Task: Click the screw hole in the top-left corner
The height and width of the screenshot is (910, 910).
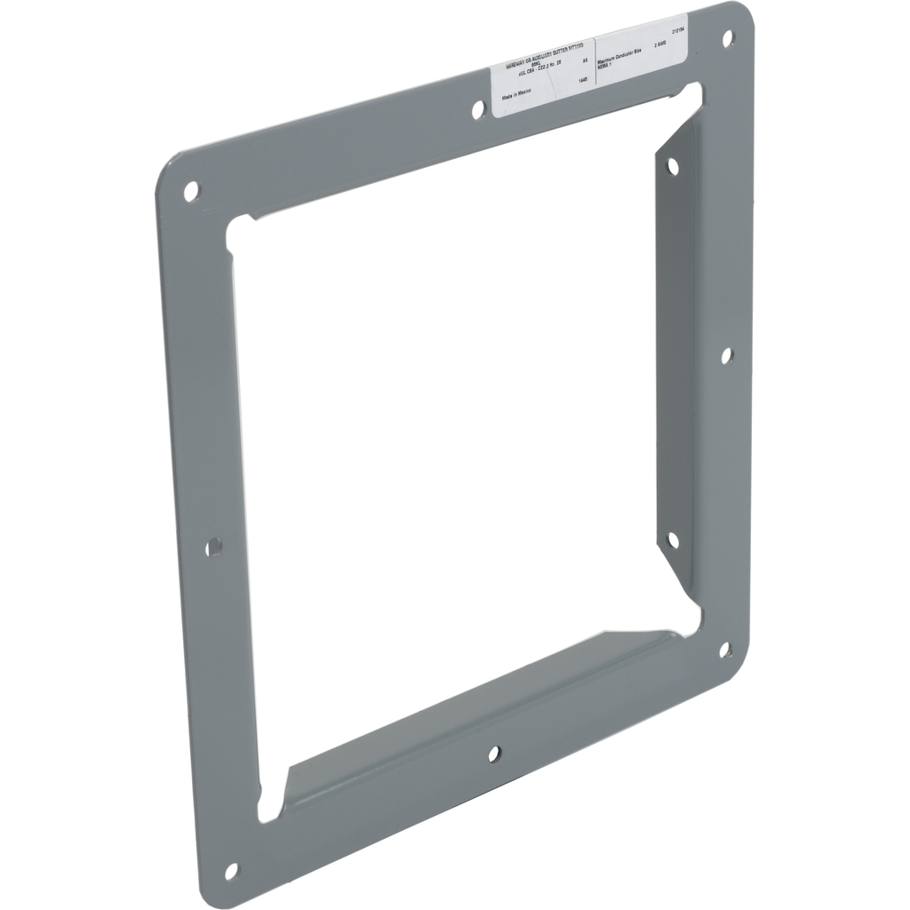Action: [x=191, y=188]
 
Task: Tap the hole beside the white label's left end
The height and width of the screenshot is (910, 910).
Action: [x=478, y=108]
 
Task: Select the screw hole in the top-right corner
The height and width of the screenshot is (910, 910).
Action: [x=728, y=38]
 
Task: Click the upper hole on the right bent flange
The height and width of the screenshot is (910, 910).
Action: [x=673, y=165]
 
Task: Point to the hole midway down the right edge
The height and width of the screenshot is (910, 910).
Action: [x=726, y=355]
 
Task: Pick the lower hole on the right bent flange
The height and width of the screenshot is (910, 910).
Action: [x=673, y=539]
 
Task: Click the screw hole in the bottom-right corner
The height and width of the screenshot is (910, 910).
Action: [x=724, y=650]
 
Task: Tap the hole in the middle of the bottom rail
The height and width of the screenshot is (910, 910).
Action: [x=494, y=754]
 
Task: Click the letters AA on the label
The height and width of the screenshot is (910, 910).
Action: [x=585, y=60]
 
